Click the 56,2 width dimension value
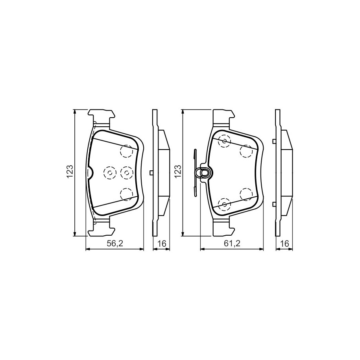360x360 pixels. [115, 244]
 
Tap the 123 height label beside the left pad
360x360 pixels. [70, 172]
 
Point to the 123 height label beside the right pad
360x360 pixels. [178, 172]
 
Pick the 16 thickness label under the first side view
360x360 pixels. [161, 244]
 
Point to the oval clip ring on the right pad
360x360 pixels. [205, 172]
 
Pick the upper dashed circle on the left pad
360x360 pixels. [126, 150]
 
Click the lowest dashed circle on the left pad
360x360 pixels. [126, 194]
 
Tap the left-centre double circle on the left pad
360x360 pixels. [109, 172]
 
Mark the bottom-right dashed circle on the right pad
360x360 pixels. [246, 194]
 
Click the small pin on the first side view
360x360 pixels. [151, 172]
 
